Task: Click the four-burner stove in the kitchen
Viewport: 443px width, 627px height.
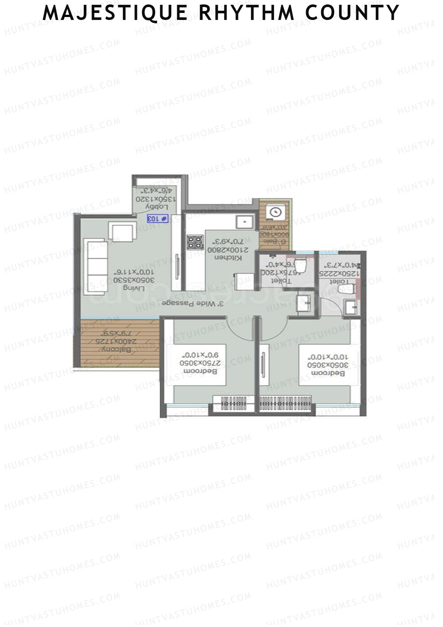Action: [x=195, y=242]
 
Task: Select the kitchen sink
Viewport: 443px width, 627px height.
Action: [x=244, y=222]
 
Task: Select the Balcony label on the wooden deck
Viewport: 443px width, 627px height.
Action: [x=117, y=349]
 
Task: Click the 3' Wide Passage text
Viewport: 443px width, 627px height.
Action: [x=193, y=303]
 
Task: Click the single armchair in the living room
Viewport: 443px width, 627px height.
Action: [x=121, y=232]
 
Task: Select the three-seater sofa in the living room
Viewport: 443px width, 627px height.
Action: [x=95, y=267]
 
